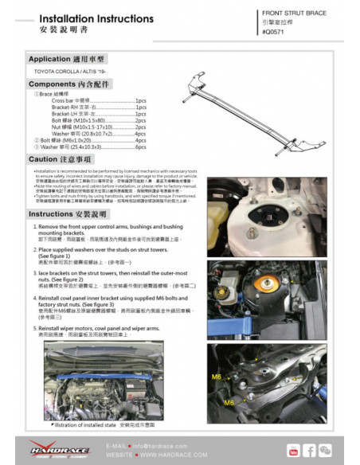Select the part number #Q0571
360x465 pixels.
pos(276,31)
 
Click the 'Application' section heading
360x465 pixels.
pos(67,59)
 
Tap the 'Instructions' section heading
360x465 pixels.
pos(72,214)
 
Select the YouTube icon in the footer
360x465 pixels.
pos(292,451)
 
